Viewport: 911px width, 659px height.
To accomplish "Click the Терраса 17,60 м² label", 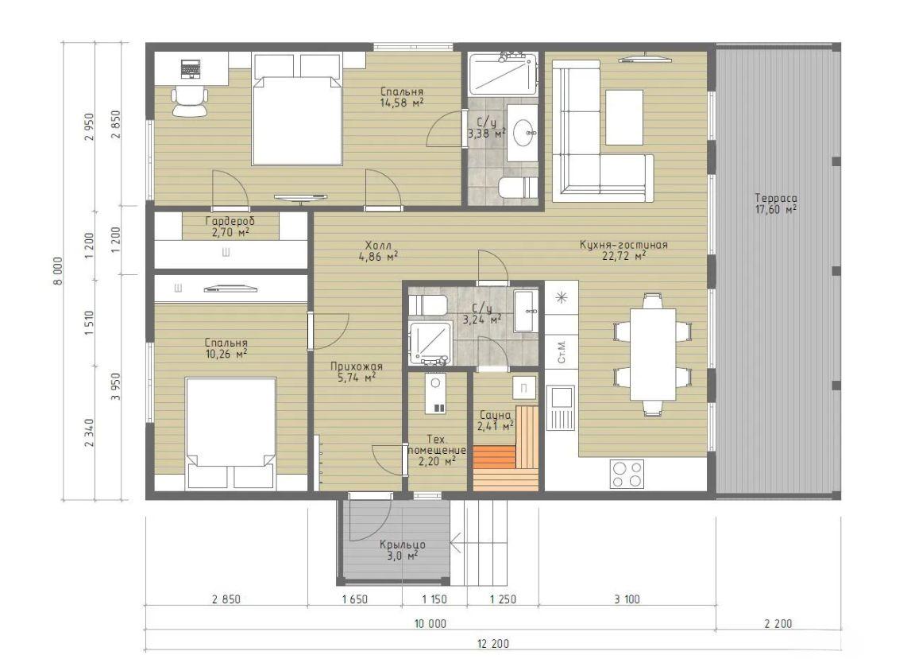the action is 776,204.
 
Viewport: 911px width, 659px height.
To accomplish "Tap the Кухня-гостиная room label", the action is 623,245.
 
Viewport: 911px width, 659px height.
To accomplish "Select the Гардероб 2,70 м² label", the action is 230,227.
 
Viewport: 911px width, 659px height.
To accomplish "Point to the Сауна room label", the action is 495,415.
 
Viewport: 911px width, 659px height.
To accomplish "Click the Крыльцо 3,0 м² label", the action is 402,550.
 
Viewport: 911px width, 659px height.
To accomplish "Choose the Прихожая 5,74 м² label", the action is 356,372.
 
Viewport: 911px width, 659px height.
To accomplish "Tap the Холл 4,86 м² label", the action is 378,250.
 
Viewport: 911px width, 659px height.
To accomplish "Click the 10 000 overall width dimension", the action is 430,623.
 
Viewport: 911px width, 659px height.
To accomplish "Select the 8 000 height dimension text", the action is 57,271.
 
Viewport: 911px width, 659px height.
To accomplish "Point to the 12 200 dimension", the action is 492,643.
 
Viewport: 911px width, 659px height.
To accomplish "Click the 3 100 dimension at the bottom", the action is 627,599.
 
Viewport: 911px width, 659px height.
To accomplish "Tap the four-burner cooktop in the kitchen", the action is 627,474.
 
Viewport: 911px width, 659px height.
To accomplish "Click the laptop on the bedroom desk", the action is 190,68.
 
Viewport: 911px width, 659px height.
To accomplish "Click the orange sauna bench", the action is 495,457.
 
